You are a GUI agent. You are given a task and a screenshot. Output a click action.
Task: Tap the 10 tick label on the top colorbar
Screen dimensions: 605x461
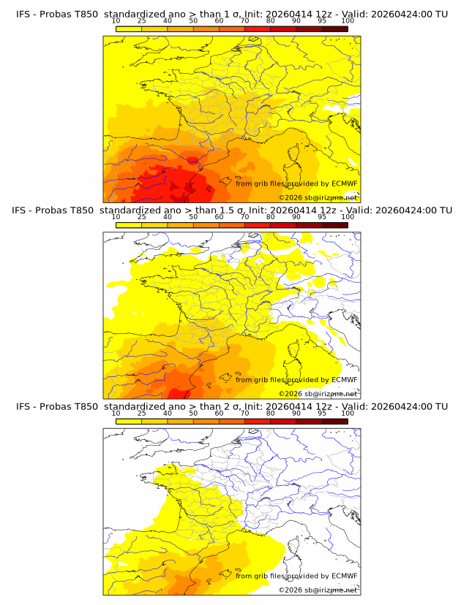click(x=116, y=20)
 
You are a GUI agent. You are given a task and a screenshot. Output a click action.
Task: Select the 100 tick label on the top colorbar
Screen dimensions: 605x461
click(x=348, y=20)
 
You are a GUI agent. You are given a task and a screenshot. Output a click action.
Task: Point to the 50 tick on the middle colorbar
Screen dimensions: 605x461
click(x=193, y=216)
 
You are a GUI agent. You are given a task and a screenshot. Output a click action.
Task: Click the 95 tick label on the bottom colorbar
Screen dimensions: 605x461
click(x=322, y=412)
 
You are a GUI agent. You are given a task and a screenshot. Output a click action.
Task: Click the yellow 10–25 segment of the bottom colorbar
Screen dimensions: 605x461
click(x=129, y=420)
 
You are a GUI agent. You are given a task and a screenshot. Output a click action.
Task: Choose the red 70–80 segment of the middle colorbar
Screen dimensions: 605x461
click(x=258, y=224)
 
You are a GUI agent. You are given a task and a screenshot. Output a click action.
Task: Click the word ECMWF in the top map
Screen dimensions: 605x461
click(x=344, y=183)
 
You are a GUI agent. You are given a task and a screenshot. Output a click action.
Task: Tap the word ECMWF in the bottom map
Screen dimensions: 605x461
click(x=344, y=576)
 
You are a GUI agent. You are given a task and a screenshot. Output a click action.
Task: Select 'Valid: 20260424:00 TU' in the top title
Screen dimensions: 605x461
click(x=385, y=14)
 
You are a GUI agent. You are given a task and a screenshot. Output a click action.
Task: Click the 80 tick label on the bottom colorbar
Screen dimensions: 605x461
click(x=271, y=412)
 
